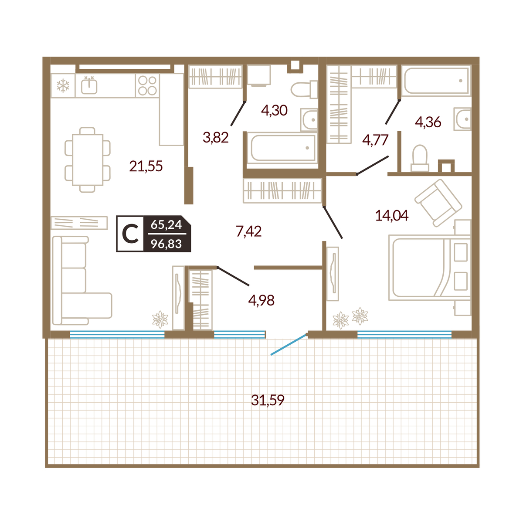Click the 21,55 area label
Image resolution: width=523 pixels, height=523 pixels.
click(x=146, y=166)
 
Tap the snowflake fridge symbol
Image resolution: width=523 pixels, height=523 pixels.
click(x=63, y=86)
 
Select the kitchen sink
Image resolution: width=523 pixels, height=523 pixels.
click(x=89, y=85)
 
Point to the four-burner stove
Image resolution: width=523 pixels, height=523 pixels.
click(x=147, y=85)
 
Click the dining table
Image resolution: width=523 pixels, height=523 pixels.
click(x=88, y=160)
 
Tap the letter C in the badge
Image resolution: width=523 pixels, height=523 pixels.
click(x=130, y=234)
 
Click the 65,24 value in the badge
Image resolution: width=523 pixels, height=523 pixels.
click(x=166, y=225)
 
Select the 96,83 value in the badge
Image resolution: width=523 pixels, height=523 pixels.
click(x=166, y=244)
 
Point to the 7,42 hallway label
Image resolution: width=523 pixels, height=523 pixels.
click(x=248, y=231)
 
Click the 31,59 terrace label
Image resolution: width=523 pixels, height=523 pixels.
click(x=268, y=400)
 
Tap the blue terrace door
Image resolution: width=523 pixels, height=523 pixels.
click(x=289, y=344)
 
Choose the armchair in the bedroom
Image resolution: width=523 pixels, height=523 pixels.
click(x=438, y=203)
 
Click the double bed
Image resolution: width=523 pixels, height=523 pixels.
click(x=430, y=268)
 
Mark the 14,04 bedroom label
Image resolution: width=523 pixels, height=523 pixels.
click(x=392, y=216)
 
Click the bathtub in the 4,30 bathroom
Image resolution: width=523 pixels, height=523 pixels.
click(x=282, y=148)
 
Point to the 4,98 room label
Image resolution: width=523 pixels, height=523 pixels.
click(x=261, y=300)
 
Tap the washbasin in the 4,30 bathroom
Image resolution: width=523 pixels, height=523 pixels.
click(x=309, y=120)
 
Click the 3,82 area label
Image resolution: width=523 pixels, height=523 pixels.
click(x=216, y=138)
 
